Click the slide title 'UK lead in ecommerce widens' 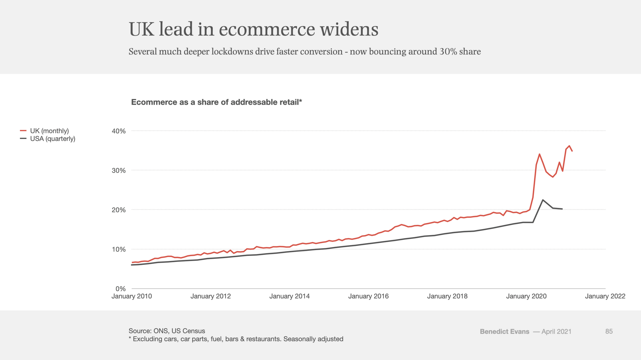coord(253,29)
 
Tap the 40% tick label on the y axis coord(119,131)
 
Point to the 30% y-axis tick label coord(119,170)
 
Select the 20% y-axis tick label coord(119,210)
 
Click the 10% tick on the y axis coord(119,250)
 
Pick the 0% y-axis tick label coord(121,289)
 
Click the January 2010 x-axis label coord(132,296)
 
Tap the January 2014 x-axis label coord(289,296)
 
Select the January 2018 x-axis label coord(447,296)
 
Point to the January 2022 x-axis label coord(605,296)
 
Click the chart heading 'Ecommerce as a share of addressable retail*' coord(217,102)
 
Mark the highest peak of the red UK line coord(569,146)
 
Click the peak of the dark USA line coord(543,200)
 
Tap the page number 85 coord(609,331)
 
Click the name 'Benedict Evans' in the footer coord(504,331)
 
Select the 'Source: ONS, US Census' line coord(167,331)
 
